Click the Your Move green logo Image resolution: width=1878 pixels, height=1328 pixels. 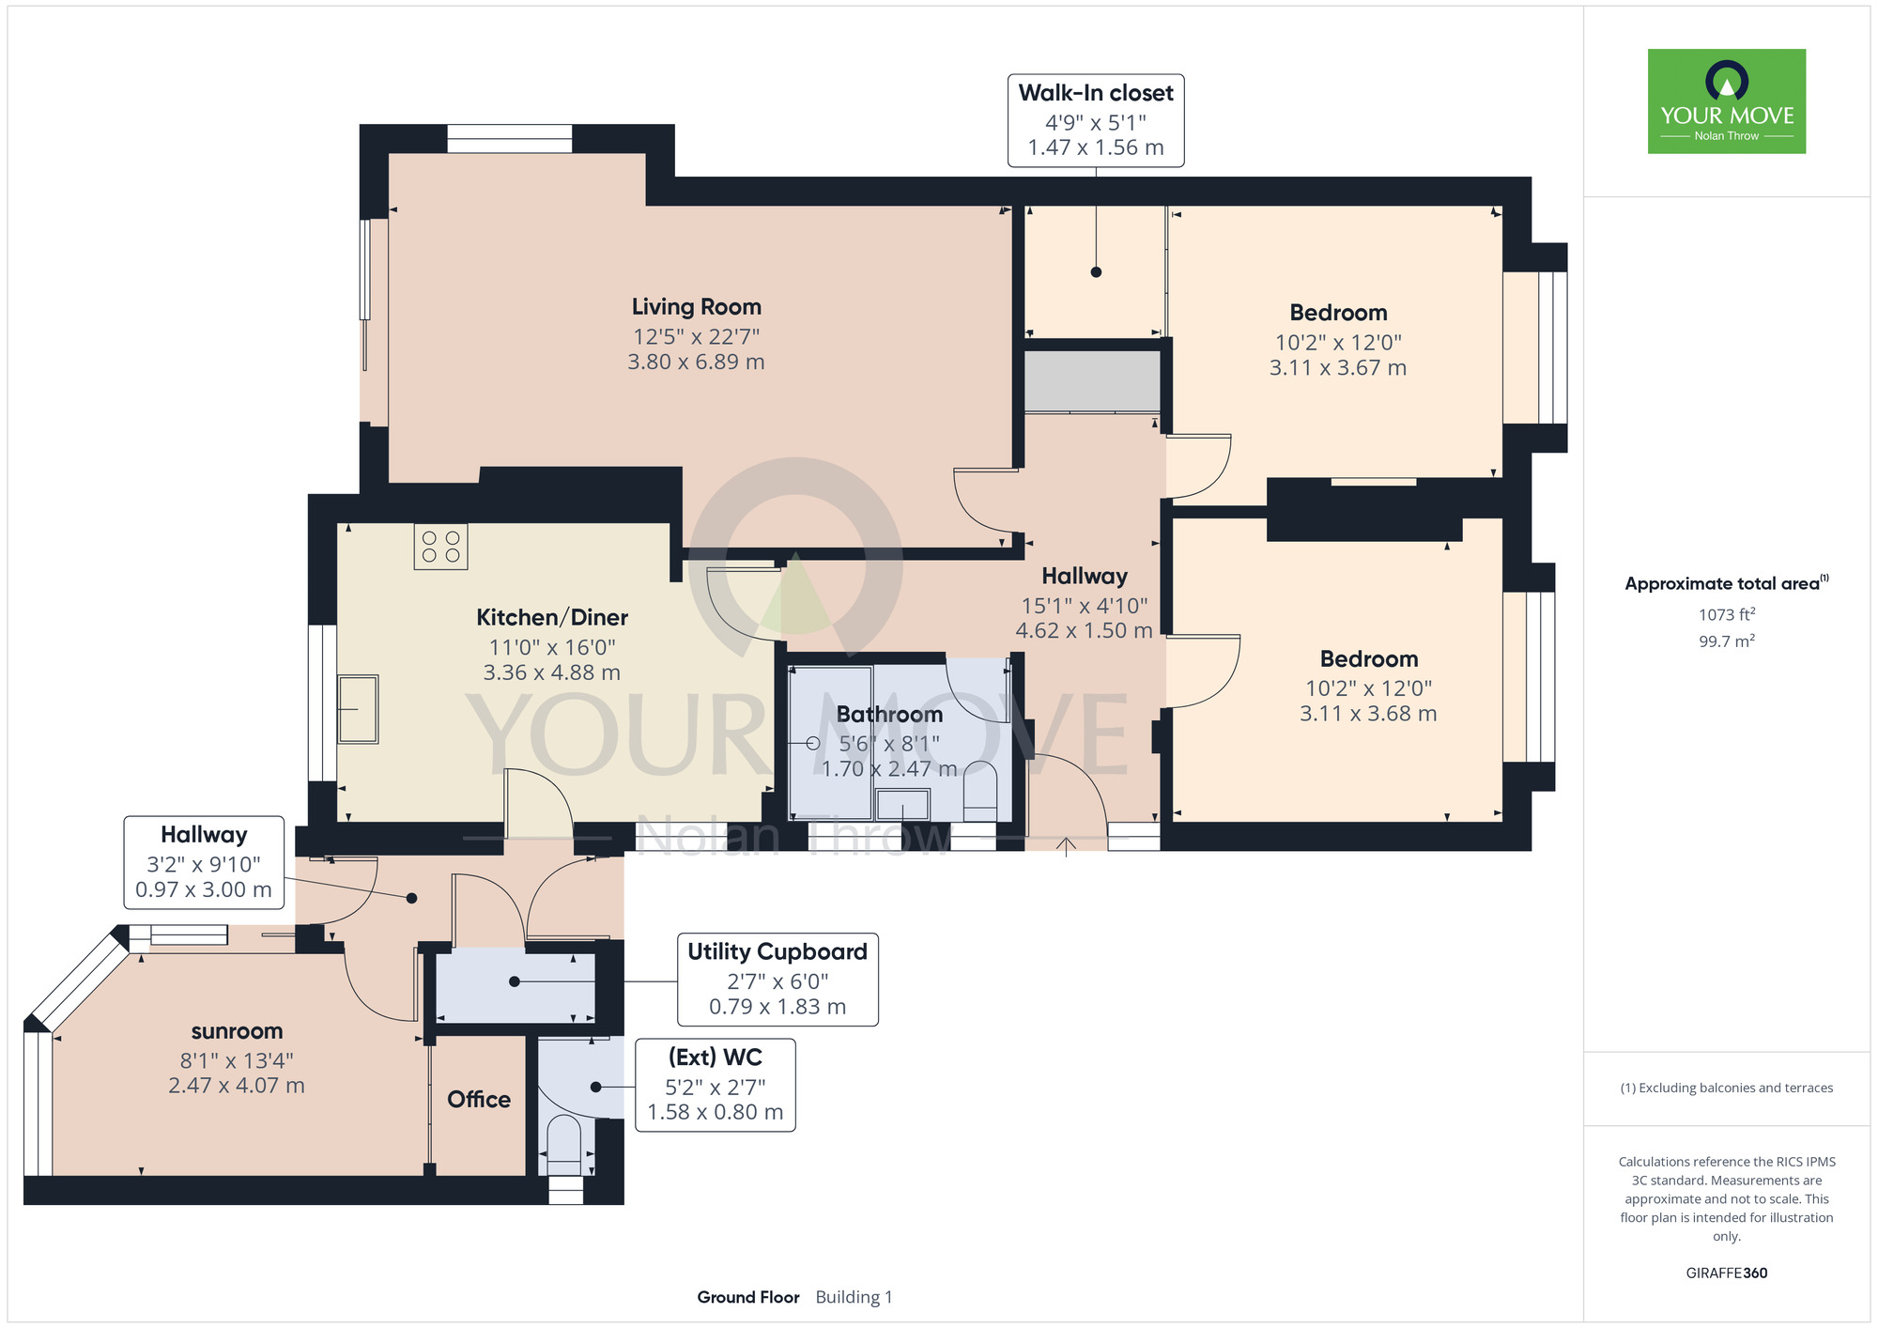(1727, 101)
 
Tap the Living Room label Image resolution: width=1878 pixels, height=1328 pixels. (696, 307)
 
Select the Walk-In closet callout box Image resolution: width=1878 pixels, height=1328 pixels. (1096, 121)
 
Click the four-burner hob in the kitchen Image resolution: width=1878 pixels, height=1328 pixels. (440, 547)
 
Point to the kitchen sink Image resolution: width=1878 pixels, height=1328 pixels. (358, 709)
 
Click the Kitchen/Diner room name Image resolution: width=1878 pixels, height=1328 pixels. (552, 617)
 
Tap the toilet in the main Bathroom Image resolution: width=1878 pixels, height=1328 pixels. (980, 791)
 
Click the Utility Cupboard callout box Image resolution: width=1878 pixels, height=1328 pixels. (777, 980)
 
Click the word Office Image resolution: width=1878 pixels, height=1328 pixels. (479, 1100)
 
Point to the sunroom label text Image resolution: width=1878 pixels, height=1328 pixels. (237, 1031)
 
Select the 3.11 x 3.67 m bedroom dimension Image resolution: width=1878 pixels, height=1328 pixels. (1338, 368)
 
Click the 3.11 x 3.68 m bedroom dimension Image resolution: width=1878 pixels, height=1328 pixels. (1368, 714)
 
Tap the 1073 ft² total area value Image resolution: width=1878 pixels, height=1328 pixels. (1727, 614)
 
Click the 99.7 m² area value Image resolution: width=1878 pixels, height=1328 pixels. (1727, 641)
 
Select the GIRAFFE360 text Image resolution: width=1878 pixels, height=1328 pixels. (1727, 1274)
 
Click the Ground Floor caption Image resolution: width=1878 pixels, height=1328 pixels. (748, 1297)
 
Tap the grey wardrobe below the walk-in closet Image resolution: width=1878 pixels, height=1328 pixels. (1092, 380)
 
